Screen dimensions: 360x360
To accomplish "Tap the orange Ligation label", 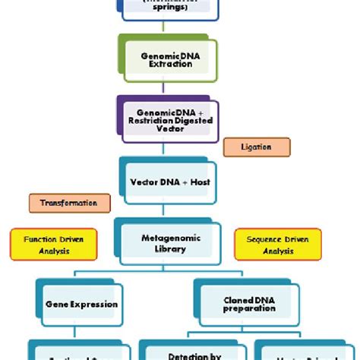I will pyautogui.click(x=257, y=147).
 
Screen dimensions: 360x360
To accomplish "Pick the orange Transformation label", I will pyautogui.click(x=69, y=204).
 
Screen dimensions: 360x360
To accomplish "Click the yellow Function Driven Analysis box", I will pyautogui.click(x=47, y=244).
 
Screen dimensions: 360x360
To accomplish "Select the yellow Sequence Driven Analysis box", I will pyautogui.click(x=278, y=244).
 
